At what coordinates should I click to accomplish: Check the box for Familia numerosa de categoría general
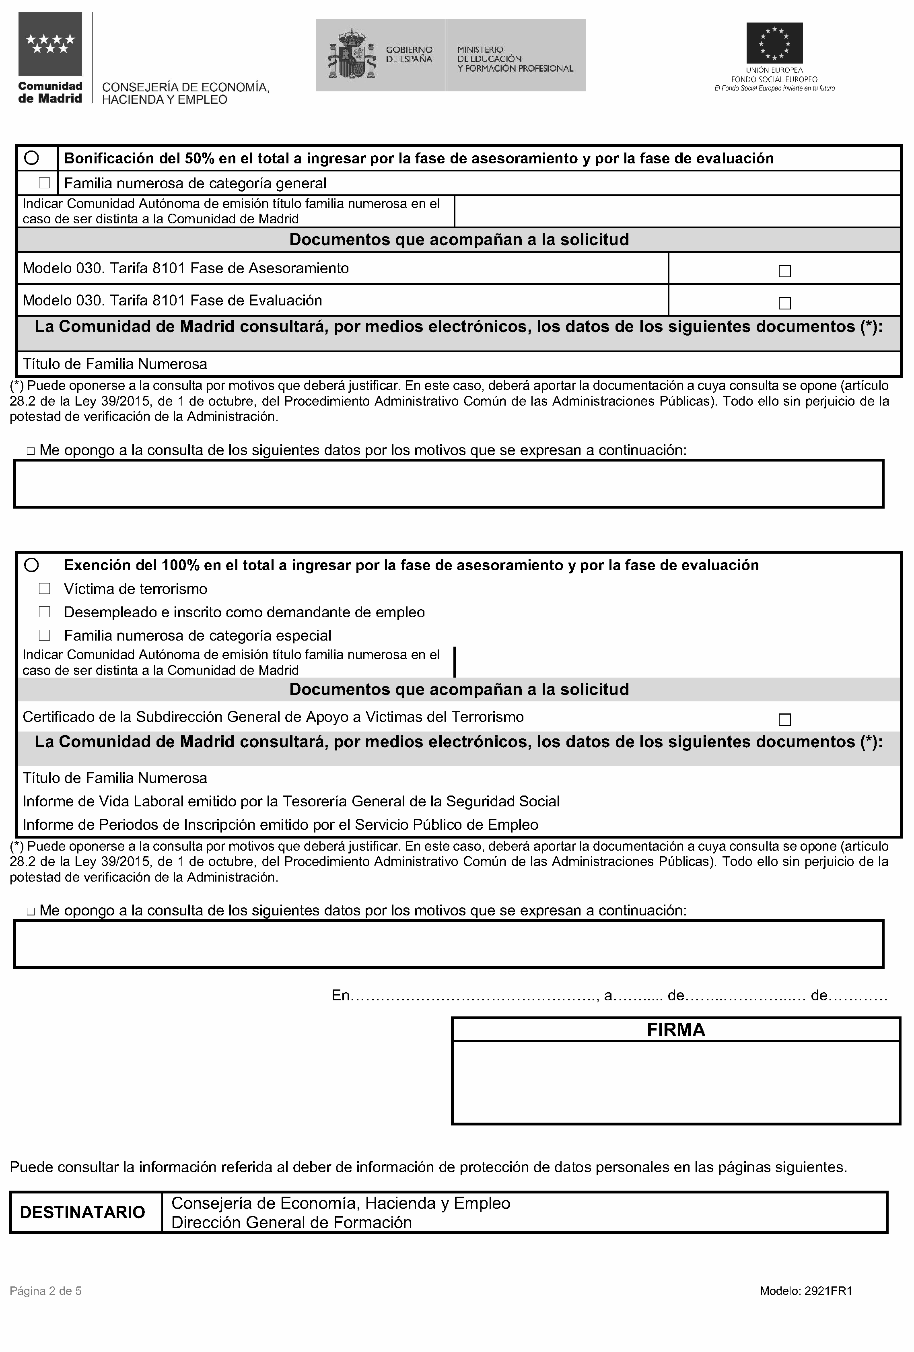click(x=45, y=183)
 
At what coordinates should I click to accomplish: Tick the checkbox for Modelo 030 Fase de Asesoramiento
click(x=784, y=271)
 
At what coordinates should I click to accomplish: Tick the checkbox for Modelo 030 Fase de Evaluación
click(x=784, y=303)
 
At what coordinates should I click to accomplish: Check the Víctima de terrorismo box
click(x=45, y=589)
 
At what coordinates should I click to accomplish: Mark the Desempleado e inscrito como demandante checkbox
click(x=45, y=612)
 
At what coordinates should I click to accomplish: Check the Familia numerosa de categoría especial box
click(x=45, y=635)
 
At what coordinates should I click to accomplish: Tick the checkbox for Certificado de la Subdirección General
click(x=784, y=719)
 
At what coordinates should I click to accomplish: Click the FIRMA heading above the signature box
click(x=675, y=1030)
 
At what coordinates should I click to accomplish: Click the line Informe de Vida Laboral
click(x=291, y=801)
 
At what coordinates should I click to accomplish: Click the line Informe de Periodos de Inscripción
click(x=280, y=824)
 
